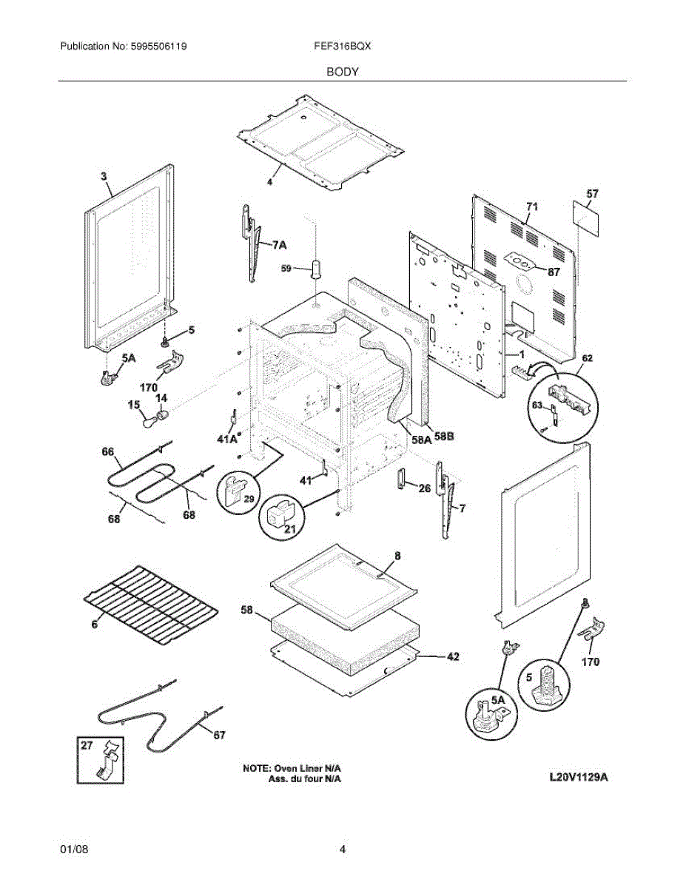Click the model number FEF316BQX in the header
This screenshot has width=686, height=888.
pyautogui.click(x=343, y=46)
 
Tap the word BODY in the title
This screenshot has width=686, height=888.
pyautogui.click(x=343, y=72)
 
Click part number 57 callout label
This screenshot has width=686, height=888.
pyautogui.click(x=592, y=194)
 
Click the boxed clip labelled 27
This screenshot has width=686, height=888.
pyautogui.click(x=100, y=759)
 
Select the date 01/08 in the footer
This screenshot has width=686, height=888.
pyautogui.click(x=74, y=850)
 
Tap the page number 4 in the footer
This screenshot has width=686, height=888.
pyautogui.click(x=343, y=850)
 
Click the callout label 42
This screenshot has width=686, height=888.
pyautogui.click(x=452, y=656)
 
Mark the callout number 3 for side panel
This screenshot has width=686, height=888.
pyautogui.click(x=104, y=176)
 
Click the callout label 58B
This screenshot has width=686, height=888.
pyautogui.click(x=444, y=437)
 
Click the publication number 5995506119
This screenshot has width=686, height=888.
pyautogui.click(x=158, y=46)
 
